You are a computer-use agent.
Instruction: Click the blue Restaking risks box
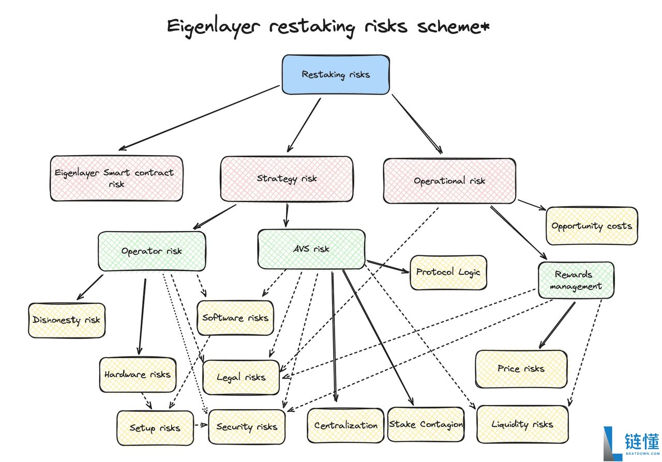click(336, 74)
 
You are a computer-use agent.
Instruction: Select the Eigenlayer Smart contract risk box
click(116, 178)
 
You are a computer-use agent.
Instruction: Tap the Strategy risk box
click(287, 179)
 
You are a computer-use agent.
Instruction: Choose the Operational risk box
click(449, 180)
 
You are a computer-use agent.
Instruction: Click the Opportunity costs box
click(592, 226)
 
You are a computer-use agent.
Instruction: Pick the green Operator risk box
click(152, 251)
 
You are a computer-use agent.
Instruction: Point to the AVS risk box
click(311, 249)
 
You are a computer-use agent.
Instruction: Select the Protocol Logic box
click(448, 272)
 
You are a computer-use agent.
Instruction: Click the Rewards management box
click(576, 280)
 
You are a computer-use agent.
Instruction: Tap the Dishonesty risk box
click(66, 320)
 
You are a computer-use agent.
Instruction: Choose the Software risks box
click(235, 317)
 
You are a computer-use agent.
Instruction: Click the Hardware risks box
click(138, 374)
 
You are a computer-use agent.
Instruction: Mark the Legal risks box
click(241, 377)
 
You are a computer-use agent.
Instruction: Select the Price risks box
click(521, 369)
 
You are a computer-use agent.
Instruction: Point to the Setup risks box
click(155, 428)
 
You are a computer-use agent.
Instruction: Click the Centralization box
click(346, 425)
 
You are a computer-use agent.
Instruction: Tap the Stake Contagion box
click(426, 425)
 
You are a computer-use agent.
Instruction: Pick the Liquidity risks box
click(522, 424)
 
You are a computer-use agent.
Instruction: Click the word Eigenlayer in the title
click(213, 27)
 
